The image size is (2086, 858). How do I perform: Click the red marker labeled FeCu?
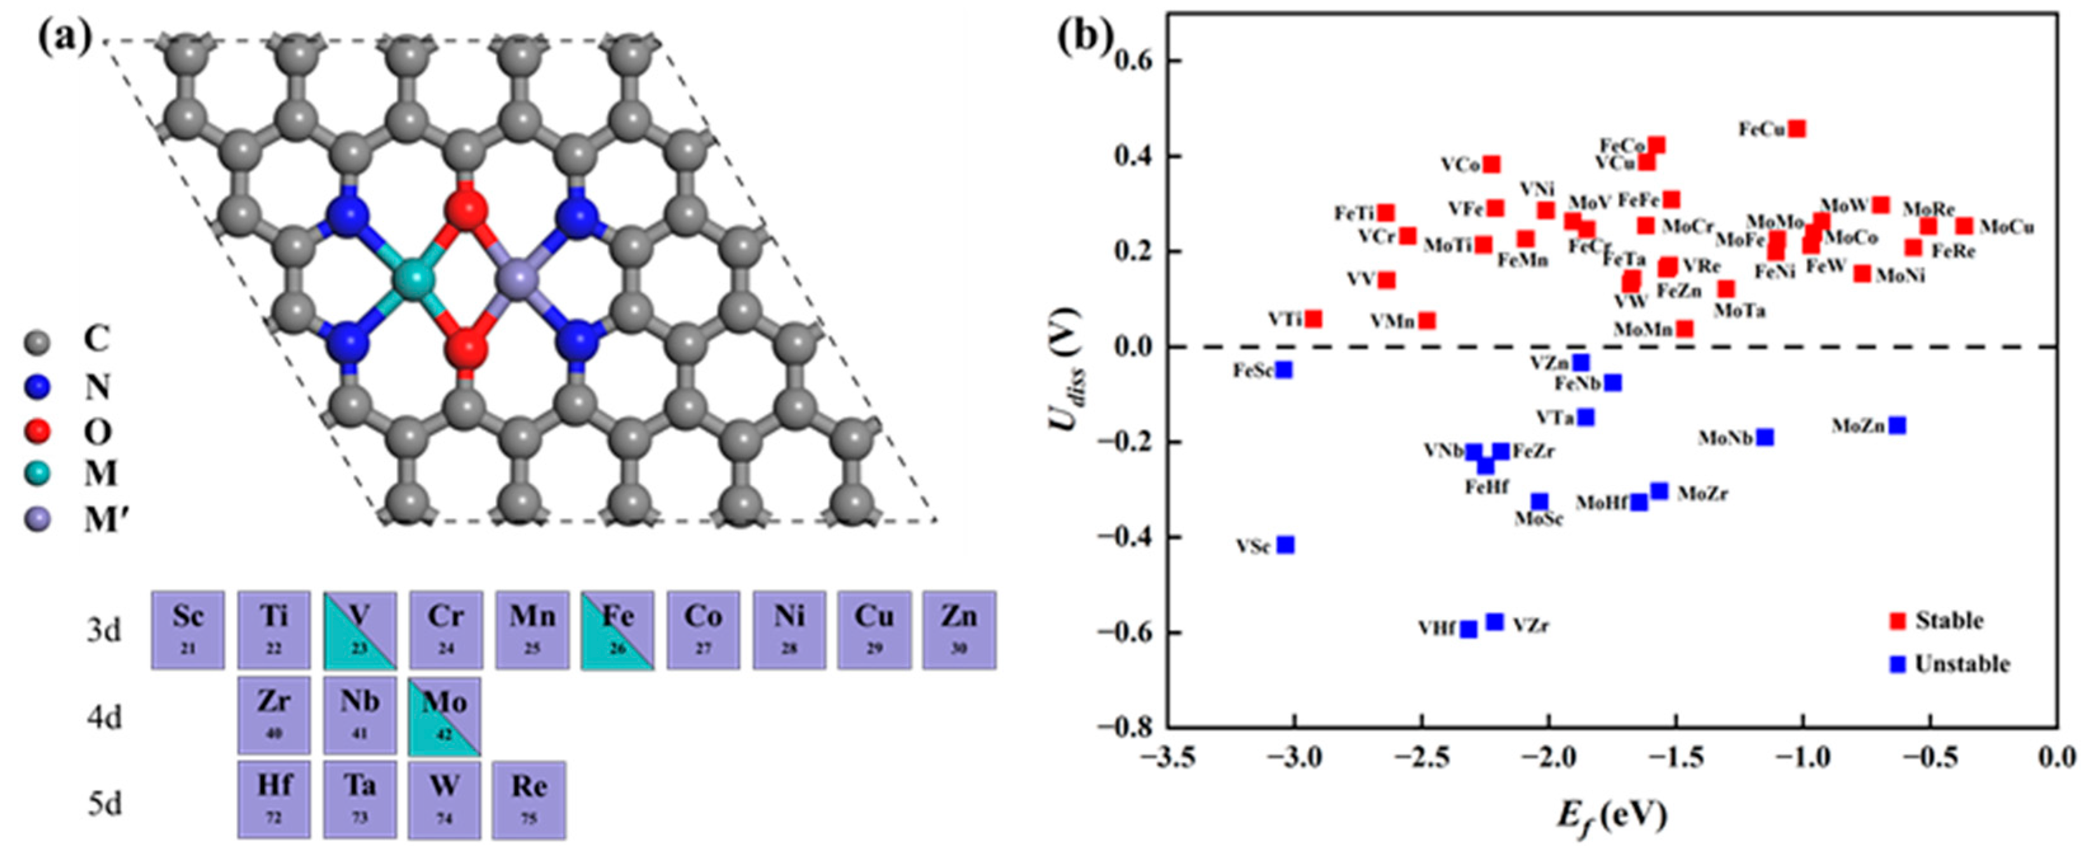[x=1797, y=129]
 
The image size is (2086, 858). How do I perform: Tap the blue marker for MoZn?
[x=1897, y=426]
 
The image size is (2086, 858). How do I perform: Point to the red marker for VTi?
[x=1313, y=319]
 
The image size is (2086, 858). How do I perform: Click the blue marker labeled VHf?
[x=1469, y=629]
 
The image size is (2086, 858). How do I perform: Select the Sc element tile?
[x=188, y=629]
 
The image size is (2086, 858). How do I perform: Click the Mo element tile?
[x=445, y=715]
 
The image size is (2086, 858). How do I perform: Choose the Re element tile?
[x=530, y=800]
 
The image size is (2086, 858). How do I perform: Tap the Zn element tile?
[x=959, y=629]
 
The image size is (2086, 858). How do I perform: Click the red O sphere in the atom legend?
[x=37, y=430]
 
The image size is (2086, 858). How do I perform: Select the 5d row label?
[x=105, y=805]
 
